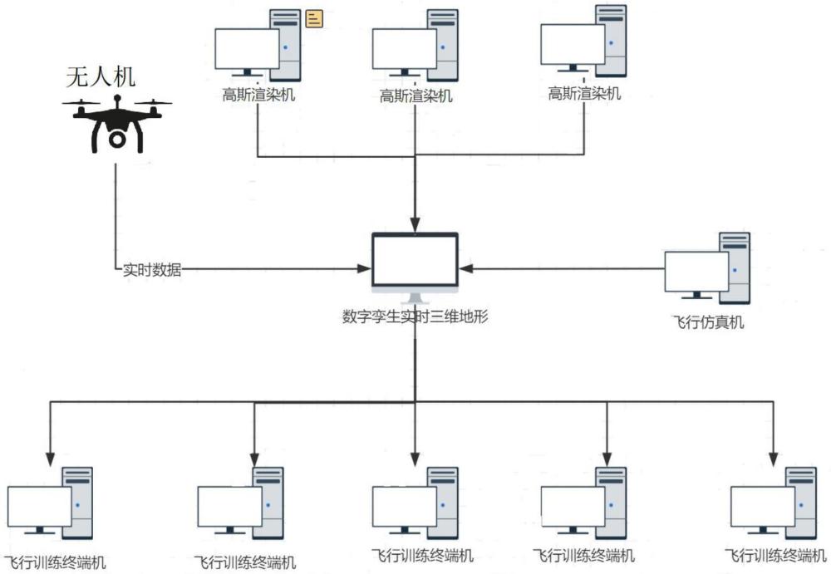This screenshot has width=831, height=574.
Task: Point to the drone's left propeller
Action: coord(81,104)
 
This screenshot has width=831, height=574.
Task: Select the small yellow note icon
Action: coord(313,18)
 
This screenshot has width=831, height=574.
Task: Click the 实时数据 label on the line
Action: coord(153,269)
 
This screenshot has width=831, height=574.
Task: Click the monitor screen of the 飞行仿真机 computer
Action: coord(696,271)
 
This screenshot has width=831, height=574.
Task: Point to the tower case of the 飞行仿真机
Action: coord(735,267)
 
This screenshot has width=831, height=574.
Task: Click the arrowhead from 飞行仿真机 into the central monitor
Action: coord(466,268)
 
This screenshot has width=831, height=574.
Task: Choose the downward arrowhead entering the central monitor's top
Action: coord(415,225)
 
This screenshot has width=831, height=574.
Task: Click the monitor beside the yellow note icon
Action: coord(247,49)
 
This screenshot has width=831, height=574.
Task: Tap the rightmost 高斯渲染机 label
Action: coord(584,94)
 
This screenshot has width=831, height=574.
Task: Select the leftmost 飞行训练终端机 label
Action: coord(56,562)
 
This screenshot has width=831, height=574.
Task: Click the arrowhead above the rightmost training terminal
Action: coord(773,458)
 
